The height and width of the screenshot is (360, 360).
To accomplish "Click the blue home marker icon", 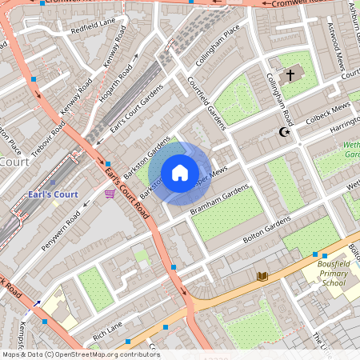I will (x=180, y=173).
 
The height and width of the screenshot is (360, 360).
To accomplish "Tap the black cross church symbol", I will (x=290, y=75).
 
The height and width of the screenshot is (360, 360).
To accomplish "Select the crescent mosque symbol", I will (x=282, y=132).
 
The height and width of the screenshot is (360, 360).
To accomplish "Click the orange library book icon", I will (x=262, y=276).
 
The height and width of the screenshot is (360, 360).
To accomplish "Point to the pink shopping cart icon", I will (x=110, y=194).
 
